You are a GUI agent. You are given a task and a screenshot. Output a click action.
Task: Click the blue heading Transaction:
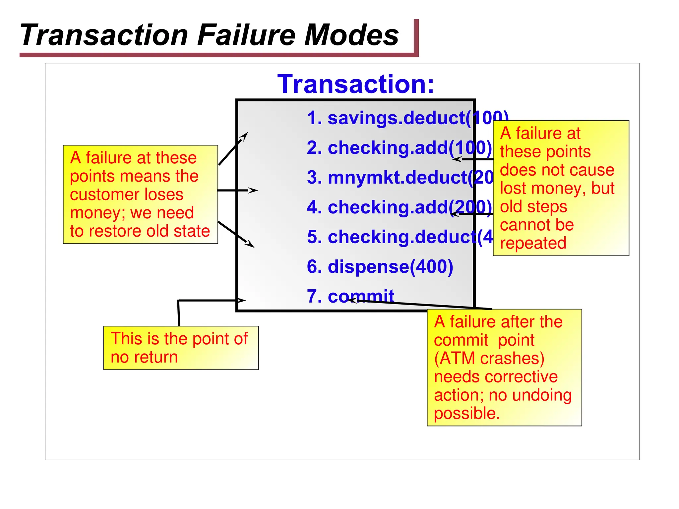point(355,84)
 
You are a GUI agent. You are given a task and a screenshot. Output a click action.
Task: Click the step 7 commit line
point(350,296)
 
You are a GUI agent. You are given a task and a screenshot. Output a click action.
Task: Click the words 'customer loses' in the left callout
point(126,195)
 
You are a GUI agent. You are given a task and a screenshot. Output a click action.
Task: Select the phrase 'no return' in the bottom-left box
point(144,357)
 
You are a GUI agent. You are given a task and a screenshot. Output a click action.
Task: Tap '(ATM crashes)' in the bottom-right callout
point(489,358)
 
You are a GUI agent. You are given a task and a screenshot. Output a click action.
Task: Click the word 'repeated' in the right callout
point(533,243)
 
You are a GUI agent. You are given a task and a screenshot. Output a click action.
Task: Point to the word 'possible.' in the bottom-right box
point(466,413)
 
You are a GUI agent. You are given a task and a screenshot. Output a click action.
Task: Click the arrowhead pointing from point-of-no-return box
point(241,301)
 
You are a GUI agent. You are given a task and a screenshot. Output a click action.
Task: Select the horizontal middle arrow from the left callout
point(237,191)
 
